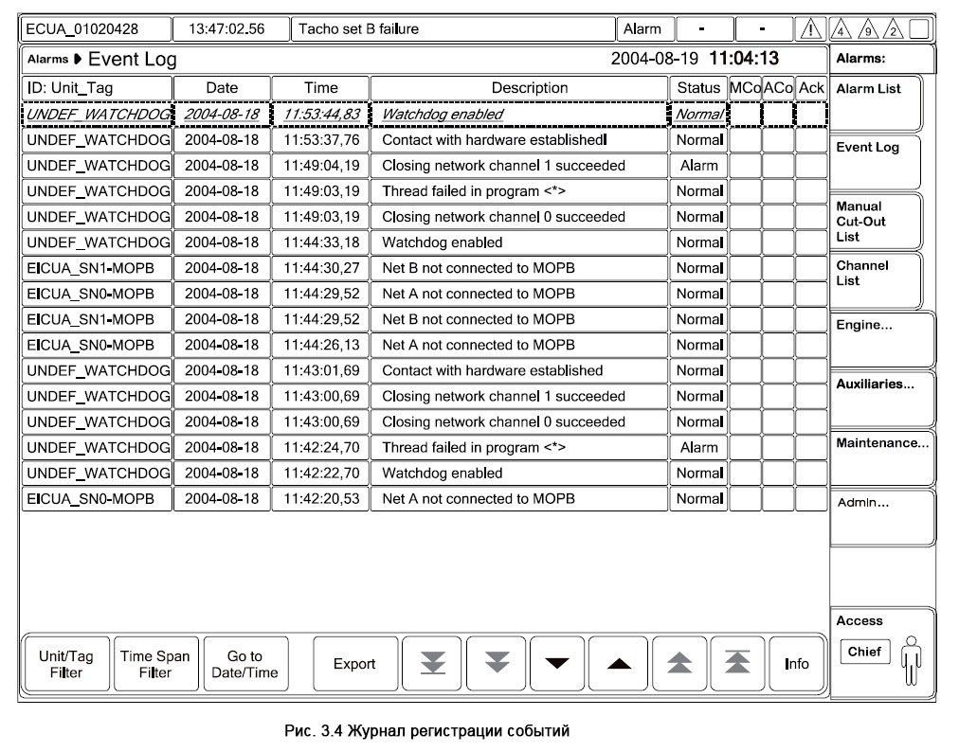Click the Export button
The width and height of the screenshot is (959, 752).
(x=354, y=664)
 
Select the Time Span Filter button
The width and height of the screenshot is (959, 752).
(x=155, y=664)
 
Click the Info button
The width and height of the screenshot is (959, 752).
(x=797, y=664)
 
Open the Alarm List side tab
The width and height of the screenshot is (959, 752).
(x=876, y=102)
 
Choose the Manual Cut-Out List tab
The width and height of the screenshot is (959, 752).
(x=876, y=221)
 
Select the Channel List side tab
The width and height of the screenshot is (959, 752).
(x=876, y=279)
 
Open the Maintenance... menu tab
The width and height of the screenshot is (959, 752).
(x=881, y=457)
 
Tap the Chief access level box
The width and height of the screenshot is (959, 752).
(x=864, y=652)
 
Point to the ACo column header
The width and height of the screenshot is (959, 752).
(x=778, y=88)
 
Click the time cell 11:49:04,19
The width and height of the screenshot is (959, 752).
(x=321, y=166)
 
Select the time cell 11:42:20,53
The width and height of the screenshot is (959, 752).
(x=321, y=498)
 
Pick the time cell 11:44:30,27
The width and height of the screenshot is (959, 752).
(x=321, y=268)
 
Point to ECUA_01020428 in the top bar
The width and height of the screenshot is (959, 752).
(x=95, y=28)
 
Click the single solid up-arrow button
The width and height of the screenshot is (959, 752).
(x=618, y=664)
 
